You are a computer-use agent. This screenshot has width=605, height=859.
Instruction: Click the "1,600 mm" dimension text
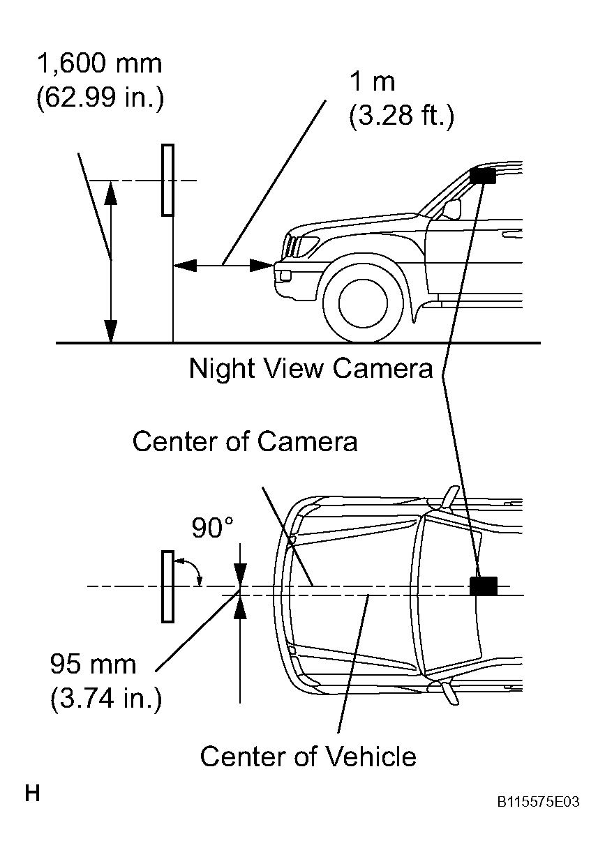[x=99, y=65]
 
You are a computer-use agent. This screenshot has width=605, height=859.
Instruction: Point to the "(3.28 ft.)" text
[x=401, y=115]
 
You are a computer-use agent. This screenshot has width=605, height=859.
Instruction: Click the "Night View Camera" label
[x=311, y=368]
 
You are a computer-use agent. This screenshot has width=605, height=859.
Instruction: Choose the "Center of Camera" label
[x=245, y=441]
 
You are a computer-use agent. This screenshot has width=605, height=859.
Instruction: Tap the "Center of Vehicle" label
[x=308, y=756]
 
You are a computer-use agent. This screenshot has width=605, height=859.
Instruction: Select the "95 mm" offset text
[x=93, y=664]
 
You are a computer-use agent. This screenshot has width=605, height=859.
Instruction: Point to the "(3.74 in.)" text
[x=106, y=698]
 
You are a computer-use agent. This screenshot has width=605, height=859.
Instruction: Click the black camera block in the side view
[x=482, y=176]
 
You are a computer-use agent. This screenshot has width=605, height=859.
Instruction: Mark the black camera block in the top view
[x=483, y=586]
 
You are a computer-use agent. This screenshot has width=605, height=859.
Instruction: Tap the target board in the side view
[x=167, y=180]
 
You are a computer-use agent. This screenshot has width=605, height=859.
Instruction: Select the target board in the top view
[x=167, y=586]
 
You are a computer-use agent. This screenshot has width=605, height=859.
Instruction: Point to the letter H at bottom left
[x=32, y=793]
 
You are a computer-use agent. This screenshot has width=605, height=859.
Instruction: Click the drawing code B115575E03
[x=538, y=803]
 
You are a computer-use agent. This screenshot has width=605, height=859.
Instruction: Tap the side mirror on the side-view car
[x=452, y=208]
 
